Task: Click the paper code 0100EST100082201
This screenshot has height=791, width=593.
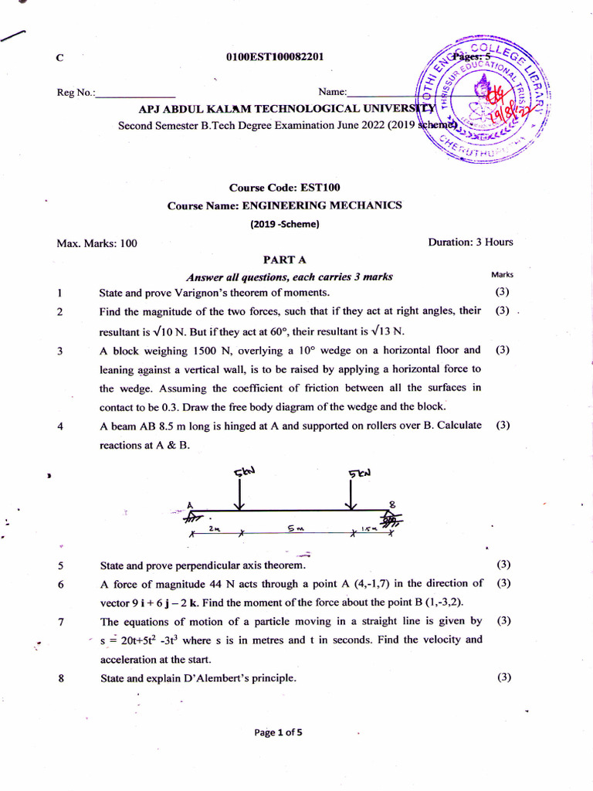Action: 274,56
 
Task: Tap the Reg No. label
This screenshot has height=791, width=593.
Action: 76,93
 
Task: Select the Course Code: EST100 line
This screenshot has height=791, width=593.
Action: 284,187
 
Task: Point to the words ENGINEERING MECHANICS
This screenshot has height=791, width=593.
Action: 322,205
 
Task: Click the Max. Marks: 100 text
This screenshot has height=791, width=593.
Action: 97,243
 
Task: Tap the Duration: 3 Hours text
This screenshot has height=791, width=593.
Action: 470,242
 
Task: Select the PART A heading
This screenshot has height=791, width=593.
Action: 285,260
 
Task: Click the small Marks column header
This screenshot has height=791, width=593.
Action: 502,274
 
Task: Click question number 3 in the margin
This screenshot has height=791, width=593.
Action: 59,350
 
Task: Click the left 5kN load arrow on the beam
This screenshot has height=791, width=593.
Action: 240,490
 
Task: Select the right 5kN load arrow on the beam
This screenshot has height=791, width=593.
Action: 353,490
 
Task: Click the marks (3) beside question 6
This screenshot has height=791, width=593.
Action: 503,583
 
